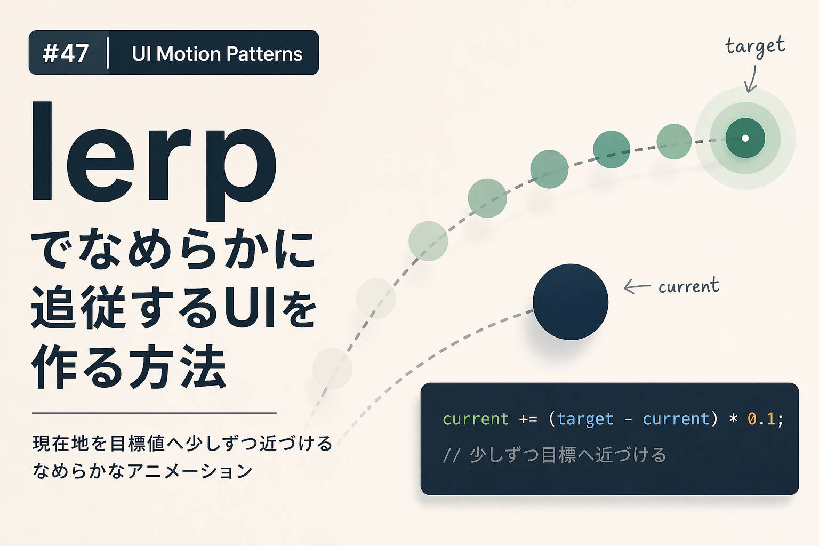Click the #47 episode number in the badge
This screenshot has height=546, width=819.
66,53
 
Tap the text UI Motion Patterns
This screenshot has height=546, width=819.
217,54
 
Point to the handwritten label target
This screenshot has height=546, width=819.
755,46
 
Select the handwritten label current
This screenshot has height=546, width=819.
688,286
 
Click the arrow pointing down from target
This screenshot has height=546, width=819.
751,79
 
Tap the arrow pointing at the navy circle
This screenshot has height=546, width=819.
637,287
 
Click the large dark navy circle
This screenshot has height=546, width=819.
571,302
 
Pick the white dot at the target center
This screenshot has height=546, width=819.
745,138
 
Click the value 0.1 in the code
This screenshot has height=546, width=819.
761,419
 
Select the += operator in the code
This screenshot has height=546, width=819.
528,420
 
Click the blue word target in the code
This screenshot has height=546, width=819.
585,420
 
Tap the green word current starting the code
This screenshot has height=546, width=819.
476,419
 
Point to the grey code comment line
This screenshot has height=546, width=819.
555,455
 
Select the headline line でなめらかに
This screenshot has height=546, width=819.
174,250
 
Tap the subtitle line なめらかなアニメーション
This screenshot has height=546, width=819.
142,471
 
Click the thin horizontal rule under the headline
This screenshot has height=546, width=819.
154,413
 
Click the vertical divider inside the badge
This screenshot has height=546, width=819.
108,53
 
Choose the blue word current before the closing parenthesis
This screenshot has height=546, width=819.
676,419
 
